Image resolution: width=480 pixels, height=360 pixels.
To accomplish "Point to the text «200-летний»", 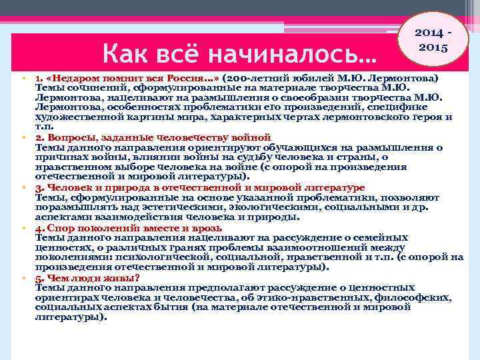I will (254, 77).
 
